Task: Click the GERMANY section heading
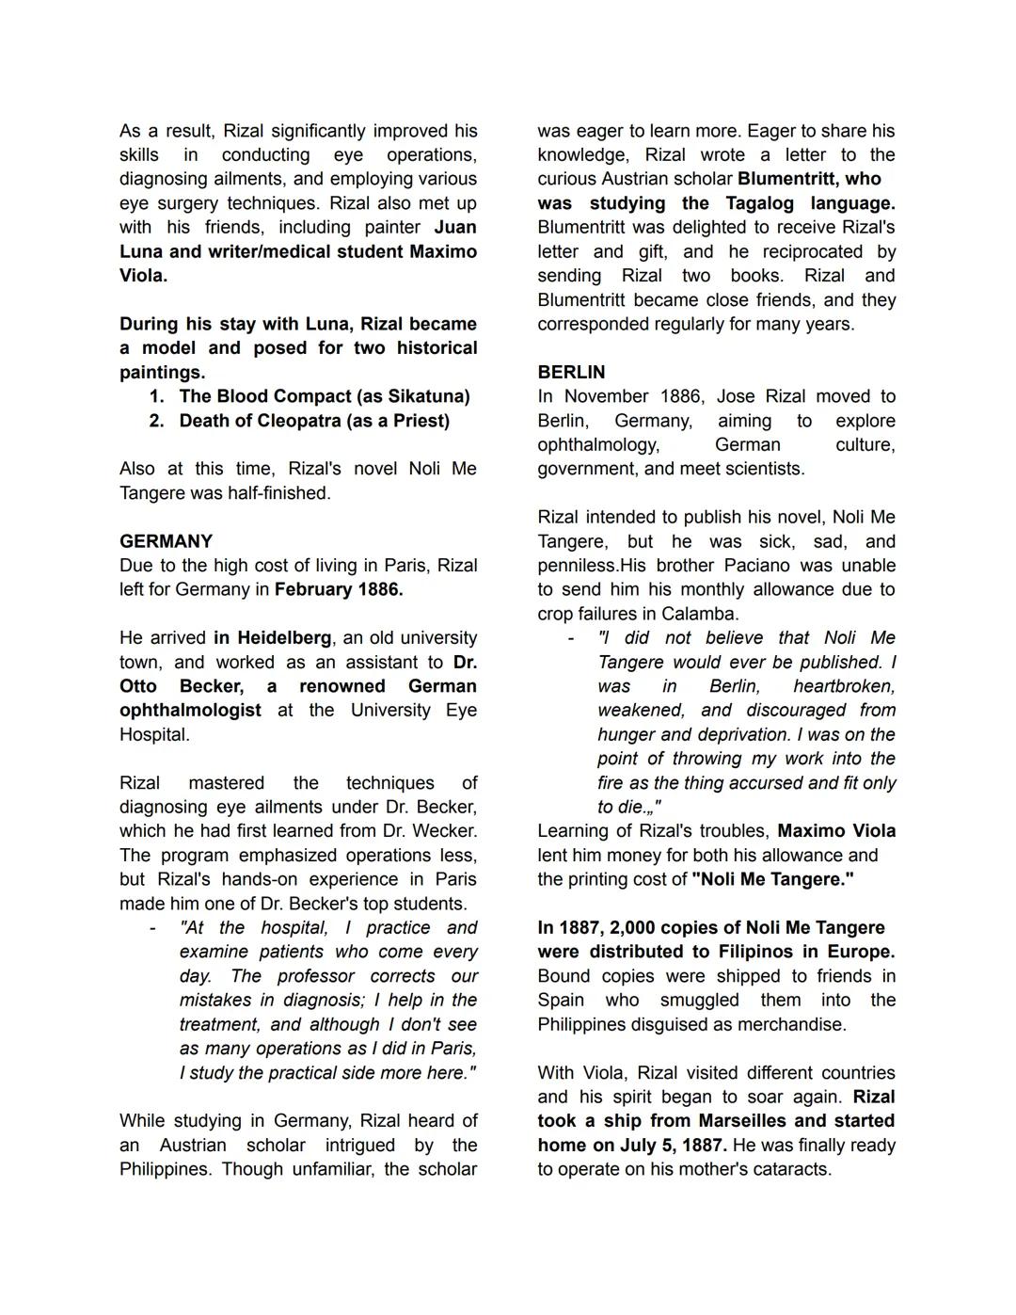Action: (166, 541)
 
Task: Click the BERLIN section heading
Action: (571, 373)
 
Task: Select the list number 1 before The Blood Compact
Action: (156, 396)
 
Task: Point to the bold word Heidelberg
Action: (283, 638)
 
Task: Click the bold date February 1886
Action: (338, 590)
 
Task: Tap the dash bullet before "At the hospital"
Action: (152, 928)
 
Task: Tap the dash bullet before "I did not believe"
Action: (570, 638)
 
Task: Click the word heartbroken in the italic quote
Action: (844, 686)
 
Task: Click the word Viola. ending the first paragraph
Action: (143, 276)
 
